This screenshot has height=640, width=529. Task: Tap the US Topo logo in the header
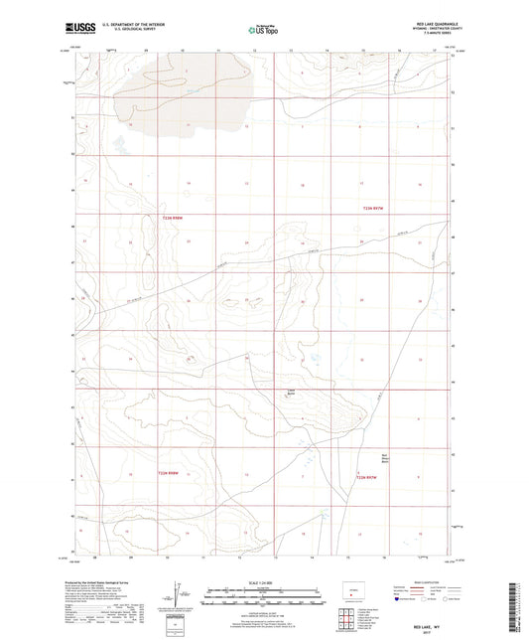point(263,31)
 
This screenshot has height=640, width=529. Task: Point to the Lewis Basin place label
point(292,391)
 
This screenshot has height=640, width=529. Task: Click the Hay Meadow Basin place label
point(385,459)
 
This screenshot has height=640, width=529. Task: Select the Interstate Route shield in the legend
point(399,600)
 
